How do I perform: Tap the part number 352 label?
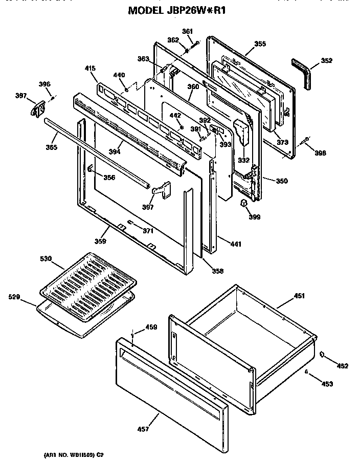point(326,61)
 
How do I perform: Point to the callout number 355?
point(260,44)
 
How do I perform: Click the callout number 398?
point(319,152)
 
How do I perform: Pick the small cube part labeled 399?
point(245,204)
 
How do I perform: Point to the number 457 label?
point(143,429)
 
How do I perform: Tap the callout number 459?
point(151,327)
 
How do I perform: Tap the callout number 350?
point(282,181)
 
